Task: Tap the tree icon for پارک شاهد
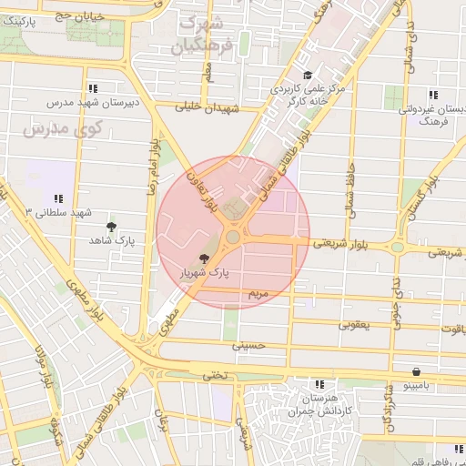[x=112, y=227]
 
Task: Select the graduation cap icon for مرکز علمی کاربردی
[x=308, y=76]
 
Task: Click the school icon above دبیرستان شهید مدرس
[x=93, y=88]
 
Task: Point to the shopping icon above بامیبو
[x=416, y=371]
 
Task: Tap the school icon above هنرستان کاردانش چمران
[x=318, y=384]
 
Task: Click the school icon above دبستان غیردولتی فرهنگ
[x=433, y=95]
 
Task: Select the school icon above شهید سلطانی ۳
[x=58, y=198]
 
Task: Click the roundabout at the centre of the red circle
[x=233, y=237]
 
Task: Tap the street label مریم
[x=258, y=294]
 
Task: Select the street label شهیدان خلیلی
[x=208, y=107]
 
